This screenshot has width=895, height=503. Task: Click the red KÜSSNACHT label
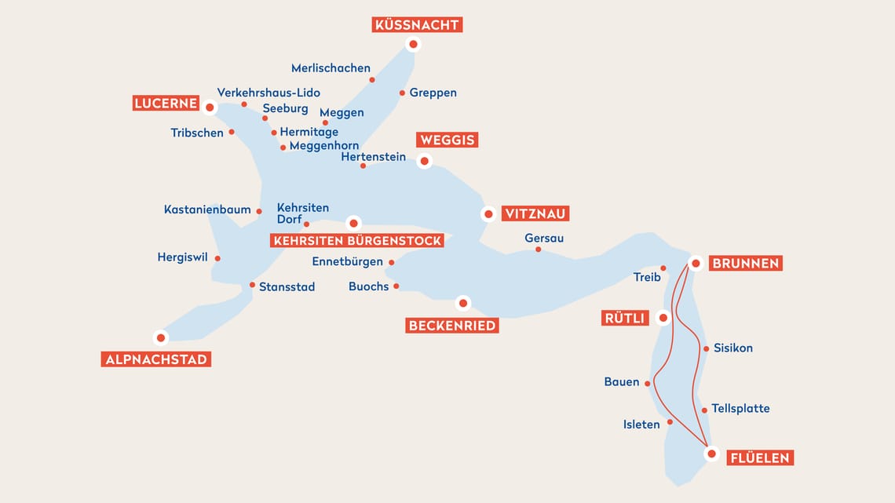click(417, 25)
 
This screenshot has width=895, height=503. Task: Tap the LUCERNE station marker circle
click(210, 108)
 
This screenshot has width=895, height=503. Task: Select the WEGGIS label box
click(448, 140)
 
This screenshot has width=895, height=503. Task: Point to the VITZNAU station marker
click(488, 213)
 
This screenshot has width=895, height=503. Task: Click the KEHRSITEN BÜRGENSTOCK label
click(357, 241)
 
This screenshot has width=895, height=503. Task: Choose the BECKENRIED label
click(452, 326)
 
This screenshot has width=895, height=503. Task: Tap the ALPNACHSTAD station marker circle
click(161, 337)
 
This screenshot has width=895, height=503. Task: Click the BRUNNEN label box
click(745, 264)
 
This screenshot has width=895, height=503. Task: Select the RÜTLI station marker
click(663, 318)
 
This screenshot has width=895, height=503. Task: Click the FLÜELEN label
click(760, 457)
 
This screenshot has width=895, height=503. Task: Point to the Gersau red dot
click(538, 250)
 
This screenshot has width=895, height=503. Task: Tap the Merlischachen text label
click(331, 68)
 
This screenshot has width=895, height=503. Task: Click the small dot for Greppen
click(402, 93)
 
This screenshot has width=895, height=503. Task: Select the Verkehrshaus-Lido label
click(268, 93)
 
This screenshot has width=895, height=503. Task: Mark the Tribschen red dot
click(232, 133)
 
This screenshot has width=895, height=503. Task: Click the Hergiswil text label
click(182, 257)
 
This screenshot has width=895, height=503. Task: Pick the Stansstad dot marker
click(252, 285)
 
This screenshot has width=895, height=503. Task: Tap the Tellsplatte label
click(740, 409)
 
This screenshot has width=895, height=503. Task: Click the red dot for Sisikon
click(706, 348)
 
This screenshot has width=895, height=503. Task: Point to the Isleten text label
click(641, 425)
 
